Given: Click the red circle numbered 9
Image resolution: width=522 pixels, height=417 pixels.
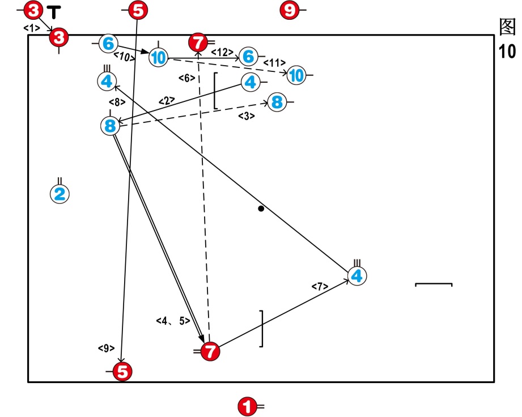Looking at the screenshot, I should coord(289,10).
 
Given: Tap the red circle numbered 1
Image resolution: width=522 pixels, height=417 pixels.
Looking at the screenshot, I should coord(247,406).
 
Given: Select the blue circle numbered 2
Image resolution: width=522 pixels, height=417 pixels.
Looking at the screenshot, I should coord(60,194).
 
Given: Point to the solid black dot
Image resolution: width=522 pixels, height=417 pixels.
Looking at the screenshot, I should coord(261,209).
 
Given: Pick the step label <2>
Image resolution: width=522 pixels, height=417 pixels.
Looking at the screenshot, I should coord(167,100).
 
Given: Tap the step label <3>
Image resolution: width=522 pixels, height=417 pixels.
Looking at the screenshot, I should coord(246,116).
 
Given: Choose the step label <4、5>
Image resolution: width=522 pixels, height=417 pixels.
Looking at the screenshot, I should coord(173,321).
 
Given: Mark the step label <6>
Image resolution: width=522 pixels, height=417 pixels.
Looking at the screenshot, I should coord(186,78).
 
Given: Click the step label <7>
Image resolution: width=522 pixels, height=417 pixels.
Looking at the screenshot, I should coord(320,287).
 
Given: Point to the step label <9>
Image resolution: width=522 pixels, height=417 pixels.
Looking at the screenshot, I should coord(106,348).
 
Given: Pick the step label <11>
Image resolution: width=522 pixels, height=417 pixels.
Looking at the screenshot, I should coord(275,62).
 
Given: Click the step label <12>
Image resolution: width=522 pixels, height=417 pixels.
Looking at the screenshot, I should coord(222,52).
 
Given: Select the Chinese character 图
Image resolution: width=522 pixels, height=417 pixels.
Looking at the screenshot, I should coord(507,27).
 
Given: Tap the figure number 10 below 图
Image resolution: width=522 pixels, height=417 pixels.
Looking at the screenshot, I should coord(507,52).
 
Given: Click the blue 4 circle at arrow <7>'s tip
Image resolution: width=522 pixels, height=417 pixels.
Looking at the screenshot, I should coord(357,276).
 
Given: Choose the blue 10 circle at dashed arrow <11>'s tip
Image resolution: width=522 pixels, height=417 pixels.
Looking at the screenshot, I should coord(296,75).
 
